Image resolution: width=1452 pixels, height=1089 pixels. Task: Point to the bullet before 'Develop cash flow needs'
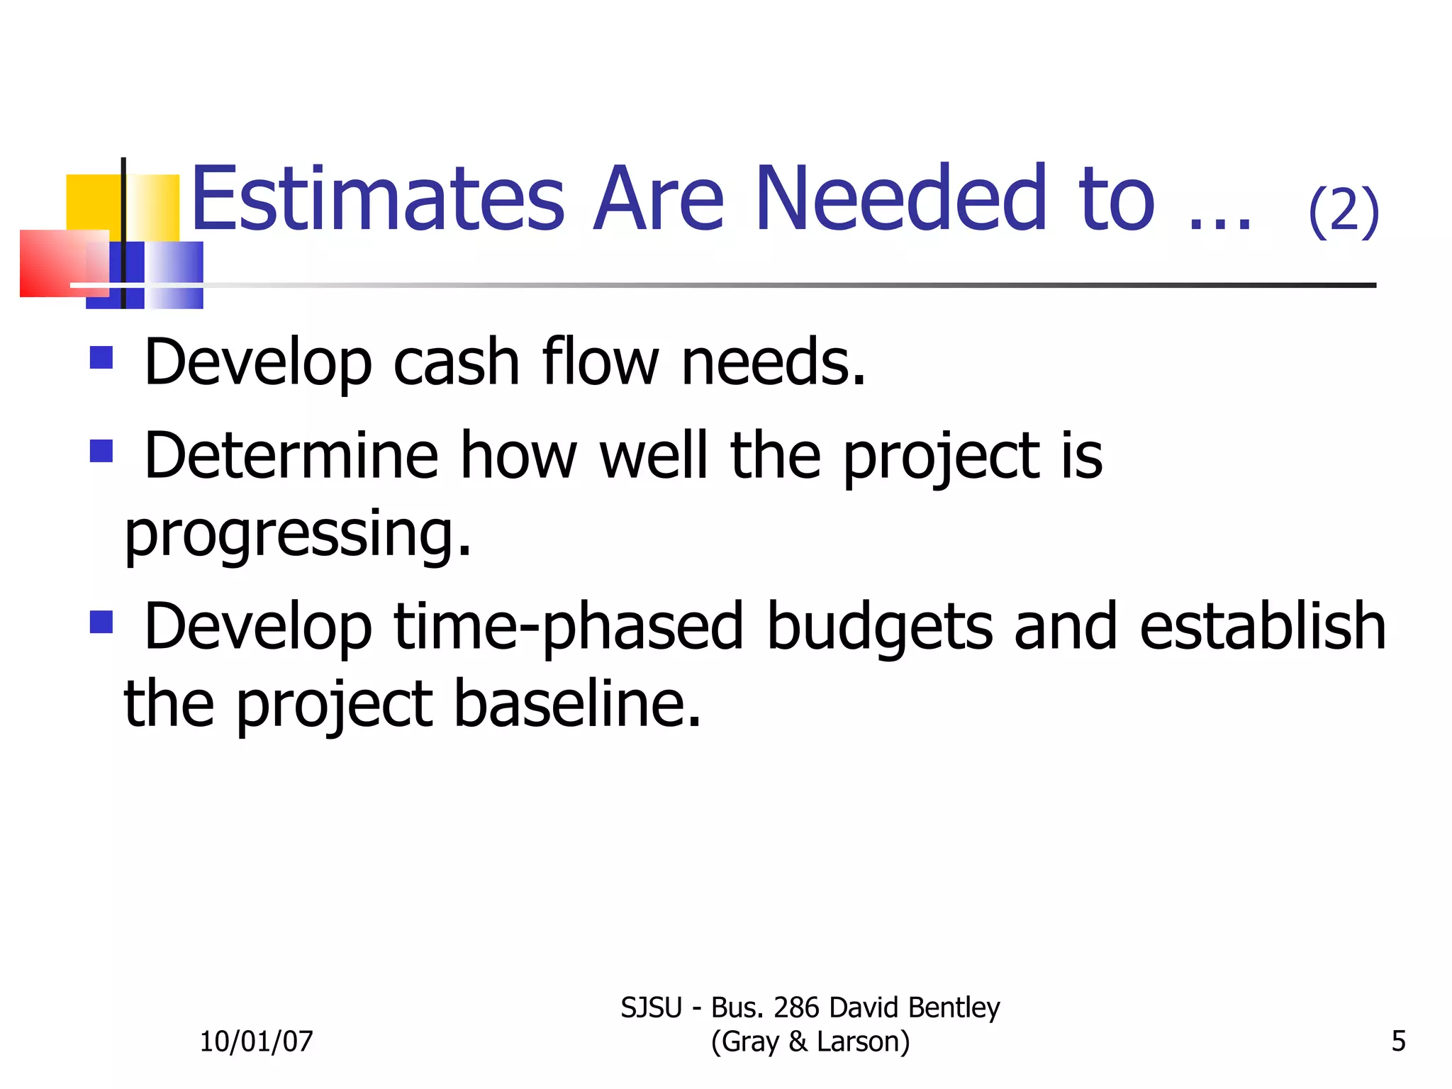click(101, 357)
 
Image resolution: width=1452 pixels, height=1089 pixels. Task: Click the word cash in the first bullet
click(457, 362)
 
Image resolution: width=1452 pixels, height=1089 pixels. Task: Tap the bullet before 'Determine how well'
click(101, 451)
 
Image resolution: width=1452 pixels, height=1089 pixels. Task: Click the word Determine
click(291, 456)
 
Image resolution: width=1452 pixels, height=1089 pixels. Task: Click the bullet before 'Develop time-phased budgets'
click(101, 622)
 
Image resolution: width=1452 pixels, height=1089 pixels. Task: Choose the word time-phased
click(568, 627)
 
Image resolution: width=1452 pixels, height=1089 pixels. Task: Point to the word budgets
click(880, 627)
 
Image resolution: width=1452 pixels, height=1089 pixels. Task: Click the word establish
click(1262, 627)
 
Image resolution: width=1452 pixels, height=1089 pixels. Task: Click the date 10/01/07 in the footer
click(256, 1041)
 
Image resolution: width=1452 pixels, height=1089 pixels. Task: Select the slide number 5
click(1398, 1041)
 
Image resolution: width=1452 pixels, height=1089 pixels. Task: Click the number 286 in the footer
click(796, 1007)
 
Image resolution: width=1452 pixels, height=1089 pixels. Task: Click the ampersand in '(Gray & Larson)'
click(798, 1041)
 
